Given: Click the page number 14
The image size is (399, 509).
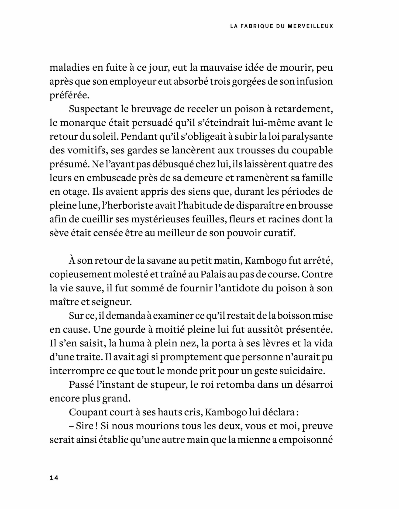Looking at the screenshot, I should [54, 478].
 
